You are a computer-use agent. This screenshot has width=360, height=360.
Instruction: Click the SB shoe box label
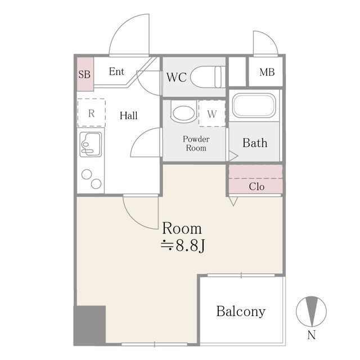(84, 74)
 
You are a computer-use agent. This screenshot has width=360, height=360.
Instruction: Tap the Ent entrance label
(116, 71)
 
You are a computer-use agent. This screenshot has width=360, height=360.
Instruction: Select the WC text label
(176, 78)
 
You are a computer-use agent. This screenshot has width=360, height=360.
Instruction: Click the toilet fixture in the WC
(208, 77)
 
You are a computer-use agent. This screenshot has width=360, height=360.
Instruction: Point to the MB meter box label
(267, 72)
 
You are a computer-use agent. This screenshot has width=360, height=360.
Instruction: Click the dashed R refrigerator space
(91, 112)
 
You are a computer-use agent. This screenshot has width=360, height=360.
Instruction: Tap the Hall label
(129, 115)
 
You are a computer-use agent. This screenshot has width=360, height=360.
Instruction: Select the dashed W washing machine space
(212, 114)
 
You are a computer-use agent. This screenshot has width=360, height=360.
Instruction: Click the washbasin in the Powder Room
(184, 113)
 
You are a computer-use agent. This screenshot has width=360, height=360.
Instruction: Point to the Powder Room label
(196, 143)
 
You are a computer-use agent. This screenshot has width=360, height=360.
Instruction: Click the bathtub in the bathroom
(254, 106)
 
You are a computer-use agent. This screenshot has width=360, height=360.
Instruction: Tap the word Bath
(255, 143)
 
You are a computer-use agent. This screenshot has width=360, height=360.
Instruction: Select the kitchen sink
(91, 145)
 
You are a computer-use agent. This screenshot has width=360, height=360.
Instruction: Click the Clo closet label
(256, 187)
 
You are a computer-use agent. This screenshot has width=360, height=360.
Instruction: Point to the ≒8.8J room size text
(183, 246)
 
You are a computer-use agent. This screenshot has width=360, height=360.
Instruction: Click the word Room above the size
(182, 228)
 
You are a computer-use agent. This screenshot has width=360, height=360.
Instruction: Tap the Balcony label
(241, 312)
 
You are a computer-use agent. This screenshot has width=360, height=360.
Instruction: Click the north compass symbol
(311, 312)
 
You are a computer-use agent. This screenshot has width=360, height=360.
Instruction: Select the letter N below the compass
(312, 335)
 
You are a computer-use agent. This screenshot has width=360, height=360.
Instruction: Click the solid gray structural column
(89, 326)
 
